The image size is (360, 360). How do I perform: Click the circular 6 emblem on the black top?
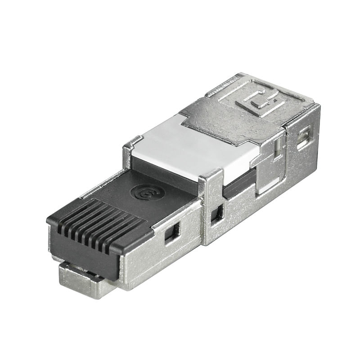click(x=147, y=192)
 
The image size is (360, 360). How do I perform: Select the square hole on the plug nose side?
click(x=171, y=233)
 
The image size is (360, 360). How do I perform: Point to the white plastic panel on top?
click(x=193, y=148)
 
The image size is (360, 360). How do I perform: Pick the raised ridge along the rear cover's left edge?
click(x=225, y=85)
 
